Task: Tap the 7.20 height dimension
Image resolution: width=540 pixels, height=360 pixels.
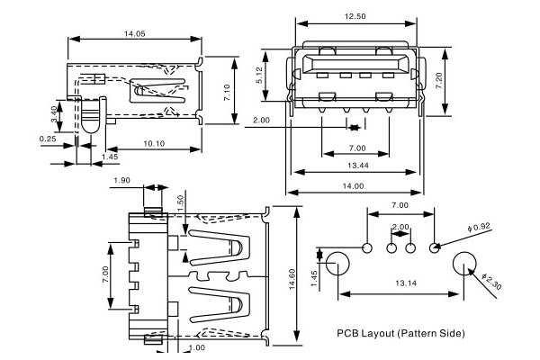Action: click(x=439, y=80)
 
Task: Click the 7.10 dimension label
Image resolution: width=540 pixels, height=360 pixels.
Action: click(x=229, y=92)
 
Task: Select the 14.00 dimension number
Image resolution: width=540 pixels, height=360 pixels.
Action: click(x=354, y=186)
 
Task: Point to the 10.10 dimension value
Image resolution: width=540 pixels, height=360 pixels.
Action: click(x=154, y=142)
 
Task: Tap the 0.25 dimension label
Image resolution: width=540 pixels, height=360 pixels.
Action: click(x=48, y=139)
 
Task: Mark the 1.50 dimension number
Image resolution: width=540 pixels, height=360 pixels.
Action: click(x=181, y=205)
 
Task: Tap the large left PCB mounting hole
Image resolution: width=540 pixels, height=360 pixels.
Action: click(x=337, y=264)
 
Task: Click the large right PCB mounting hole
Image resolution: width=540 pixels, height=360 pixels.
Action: click(x=465, y=264)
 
